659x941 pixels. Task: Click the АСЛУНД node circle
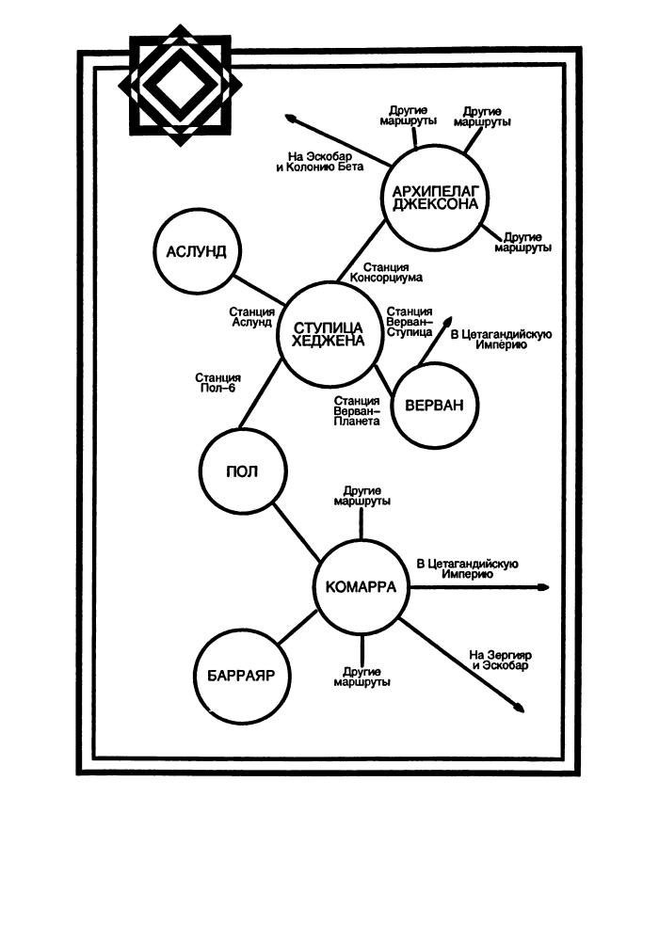coord(197,252)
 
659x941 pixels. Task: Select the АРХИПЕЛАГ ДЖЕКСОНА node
coord(431,195)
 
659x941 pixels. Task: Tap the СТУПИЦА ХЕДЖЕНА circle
coord(328,335)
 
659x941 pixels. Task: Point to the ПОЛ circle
coord(243,470)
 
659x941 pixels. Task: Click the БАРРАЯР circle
coord(240,676)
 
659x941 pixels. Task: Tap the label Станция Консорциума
coord(385,272)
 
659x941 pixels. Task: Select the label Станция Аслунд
coord(251,317)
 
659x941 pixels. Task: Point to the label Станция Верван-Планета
coord(357,411)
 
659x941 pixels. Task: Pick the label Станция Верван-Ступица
coord(410,321)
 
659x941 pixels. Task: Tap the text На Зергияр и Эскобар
coord(500,660)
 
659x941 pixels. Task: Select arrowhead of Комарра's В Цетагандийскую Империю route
coord(542,587)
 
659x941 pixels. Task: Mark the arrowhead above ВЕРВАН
coord(449,319)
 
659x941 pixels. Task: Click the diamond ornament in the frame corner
coord(180,85)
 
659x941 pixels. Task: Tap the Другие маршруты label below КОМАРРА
coord(362,676)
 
